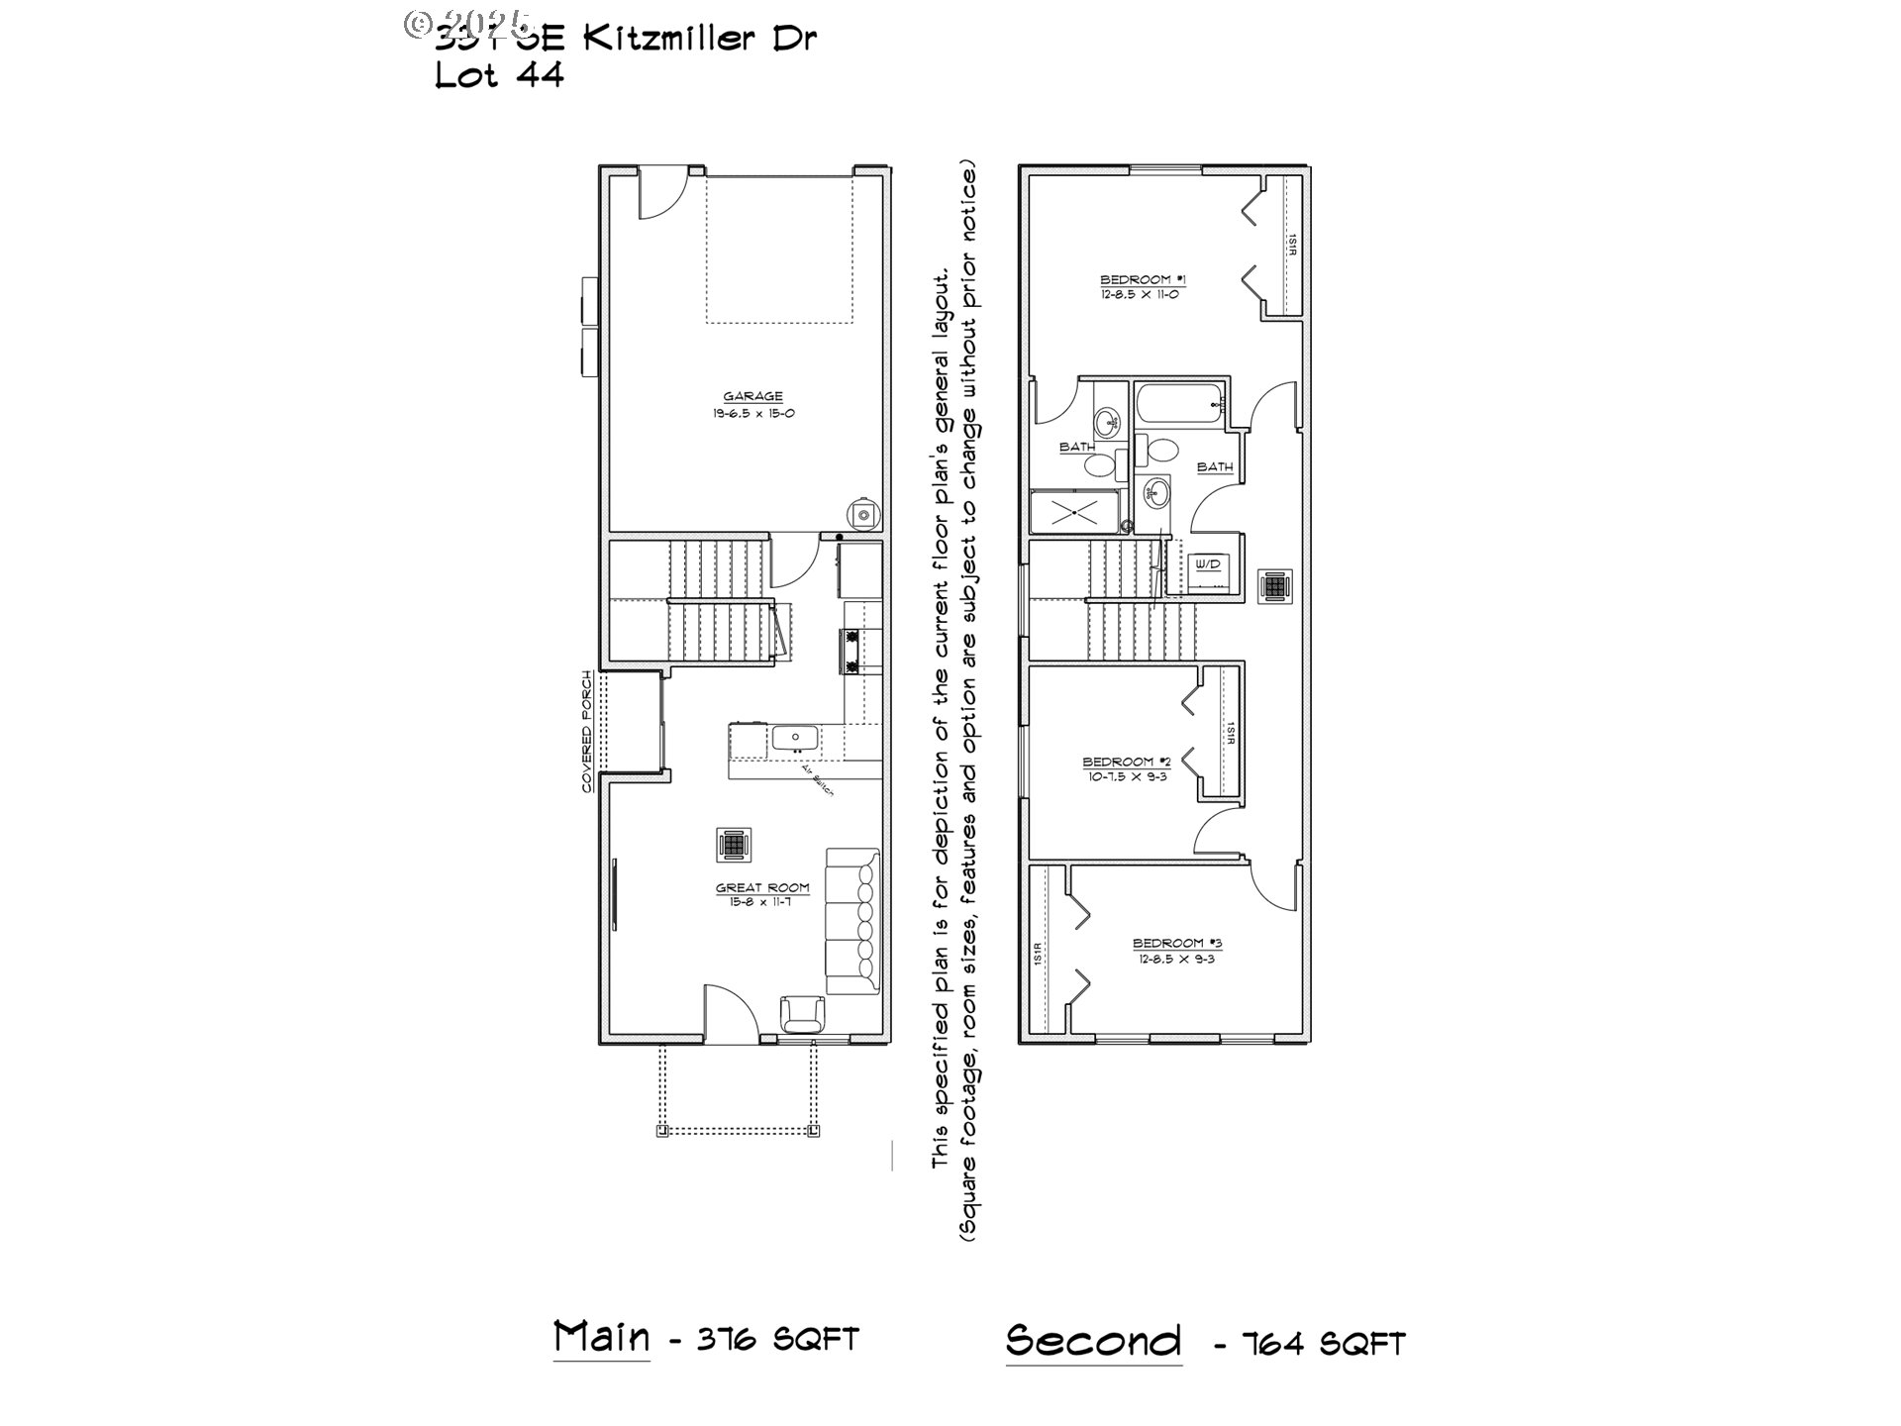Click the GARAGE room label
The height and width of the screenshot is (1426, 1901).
[752, 397]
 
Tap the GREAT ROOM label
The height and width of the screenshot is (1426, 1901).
[762, 888]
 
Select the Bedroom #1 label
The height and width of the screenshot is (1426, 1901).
[1143, 280]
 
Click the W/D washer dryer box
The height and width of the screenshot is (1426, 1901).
[1208, 564]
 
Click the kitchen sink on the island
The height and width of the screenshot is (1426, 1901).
[794, 738]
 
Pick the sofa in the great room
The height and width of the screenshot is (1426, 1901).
[852, 921]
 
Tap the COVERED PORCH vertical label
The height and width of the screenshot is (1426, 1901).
[587, 732]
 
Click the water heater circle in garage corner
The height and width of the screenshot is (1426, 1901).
[862, 513]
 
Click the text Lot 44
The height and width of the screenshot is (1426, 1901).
[499, 76]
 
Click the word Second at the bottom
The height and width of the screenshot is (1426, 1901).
[1093, 1341]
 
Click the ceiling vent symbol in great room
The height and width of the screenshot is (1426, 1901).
[734, 845]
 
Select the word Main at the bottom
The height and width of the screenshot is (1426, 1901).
[601, 1337]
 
